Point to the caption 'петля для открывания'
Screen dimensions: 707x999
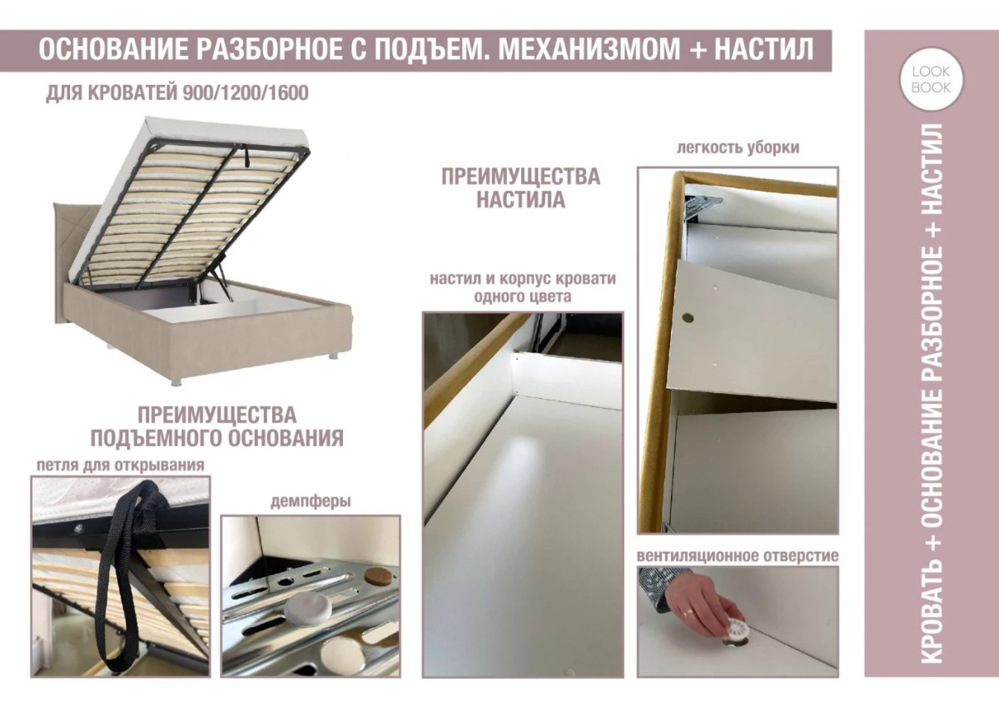point(120,465)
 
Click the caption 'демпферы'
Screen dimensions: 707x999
point(310,502)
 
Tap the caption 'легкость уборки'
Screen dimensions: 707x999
point(738,147)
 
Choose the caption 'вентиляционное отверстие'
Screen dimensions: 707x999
point(738,555)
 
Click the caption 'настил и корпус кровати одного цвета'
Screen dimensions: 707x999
point(522,286)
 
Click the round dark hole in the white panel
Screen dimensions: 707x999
point(688,317)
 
